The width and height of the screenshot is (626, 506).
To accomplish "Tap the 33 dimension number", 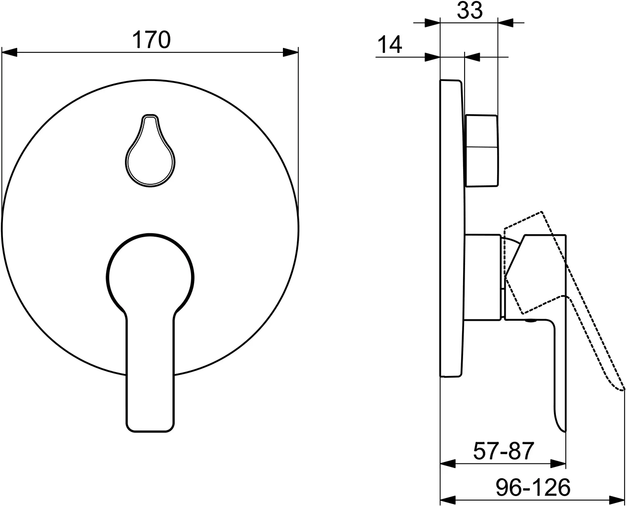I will click(469, 10).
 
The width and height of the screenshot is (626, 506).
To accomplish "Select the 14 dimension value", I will click(390, 45).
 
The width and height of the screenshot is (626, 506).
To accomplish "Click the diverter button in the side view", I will click(481, 151).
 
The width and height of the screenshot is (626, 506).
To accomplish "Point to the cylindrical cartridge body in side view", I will click(484, 277).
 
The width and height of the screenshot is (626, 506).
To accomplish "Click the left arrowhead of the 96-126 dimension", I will click(447, 499).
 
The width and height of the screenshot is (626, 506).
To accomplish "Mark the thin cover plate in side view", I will click(452, 227).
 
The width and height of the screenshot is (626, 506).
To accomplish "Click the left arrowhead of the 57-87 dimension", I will click(447, 464).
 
